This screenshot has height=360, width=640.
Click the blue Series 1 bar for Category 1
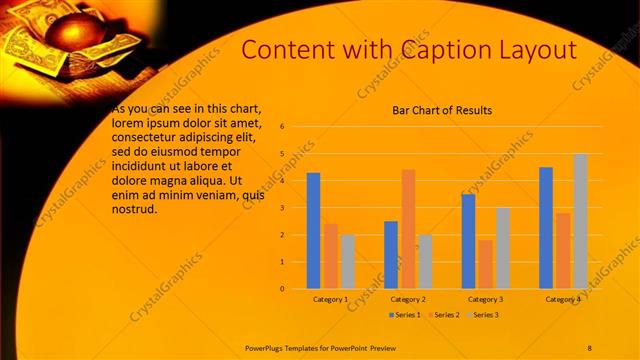[313, 231]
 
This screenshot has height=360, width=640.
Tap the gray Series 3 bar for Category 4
[580, 221]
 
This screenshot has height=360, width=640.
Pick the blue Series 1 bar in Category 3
[468, 241]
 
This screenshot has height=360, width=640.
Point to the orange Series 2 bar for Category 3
[485, 264]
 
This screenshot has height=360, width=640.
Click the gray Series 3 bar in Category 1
[347, 262]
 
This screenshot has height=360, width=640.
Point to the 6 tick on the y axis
[283, 127]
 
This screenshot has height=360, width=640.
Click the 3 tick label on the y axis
[283, 208]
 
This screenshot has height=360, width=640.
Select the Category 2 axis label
[408, 299]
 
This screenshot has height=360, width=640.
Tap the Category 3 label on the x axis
[485, 299]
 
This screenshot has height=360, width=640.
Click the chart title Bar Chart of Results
[442, 110]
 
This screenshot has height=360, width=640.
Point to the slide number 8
[589, 347]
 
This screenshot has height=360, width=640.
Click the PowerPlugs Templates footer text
[321, 347]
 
